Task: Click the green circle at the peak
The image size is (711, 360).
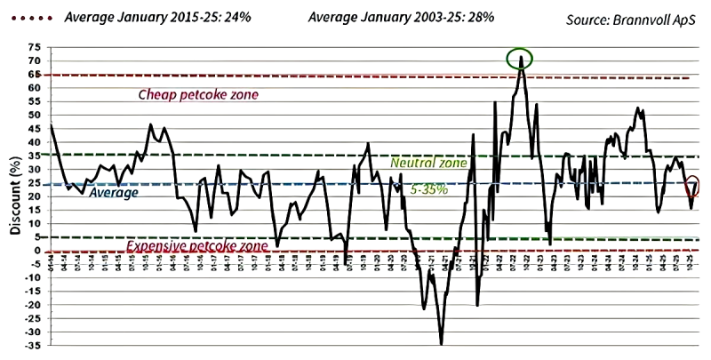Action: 520,60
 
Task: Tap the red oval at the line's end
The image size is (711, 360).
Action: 693,186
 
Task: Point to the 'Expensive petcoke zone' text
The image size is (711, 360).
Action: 197,245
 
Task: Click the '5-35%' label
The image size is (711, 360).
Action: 431,190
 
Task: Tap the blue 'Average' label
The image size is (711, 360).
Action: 114,192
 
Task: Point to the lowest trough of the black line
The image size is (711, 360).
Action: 441,343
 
